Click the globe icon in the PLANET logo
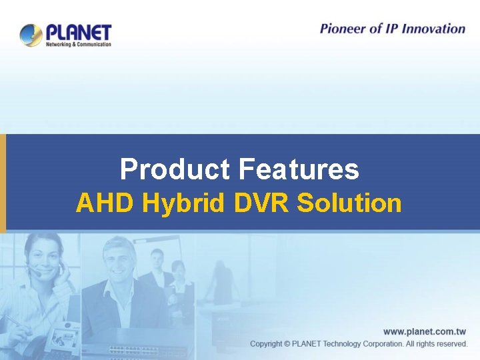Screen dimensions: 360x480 (x=31, y=35)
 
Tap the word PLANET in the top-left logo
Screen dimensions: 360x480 (x=79, y=31)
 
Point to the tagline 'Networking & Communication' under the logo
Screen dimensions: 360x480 (x=78, y=44)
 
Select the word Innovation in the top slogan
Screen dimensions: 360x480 (x=432, y=28)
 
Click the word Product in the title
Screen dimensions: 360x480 (x=174, y=169)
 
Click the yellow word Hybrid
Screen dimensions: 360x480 (x=183, y=203)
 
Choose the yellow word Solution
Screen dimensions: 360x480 (x=350, y=203)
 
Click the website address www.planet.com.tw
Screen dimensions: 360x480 (x=425, y=331)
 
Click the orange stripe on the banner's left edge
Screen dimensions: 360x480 (x=3, y=183)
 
